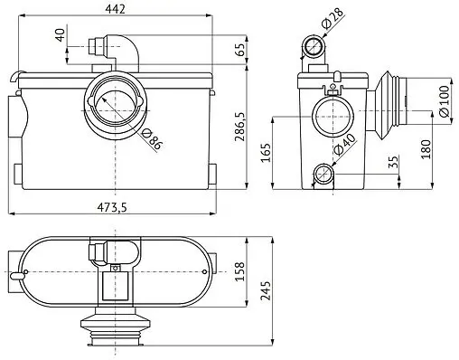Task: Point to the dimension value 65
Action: point(239,48)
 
